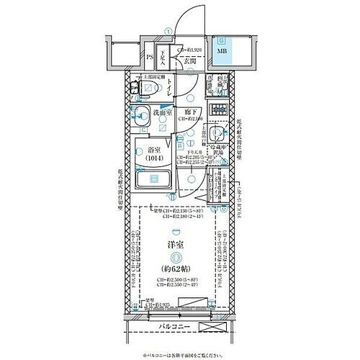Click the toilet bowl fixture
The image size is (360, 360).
pyautogui.click(x=148, y=89)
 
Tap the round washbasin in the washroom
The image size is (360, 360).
pyautogui.click(x=142, y=112)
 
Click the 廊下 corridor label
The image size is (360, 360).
pyautogui.click(x=191, y=112)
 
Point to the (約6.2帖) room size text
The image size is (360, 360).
pyautogui.click(x=173, y=271)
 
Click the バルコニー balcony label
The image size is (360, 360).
pyautogui.click(x=174, y=331)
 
